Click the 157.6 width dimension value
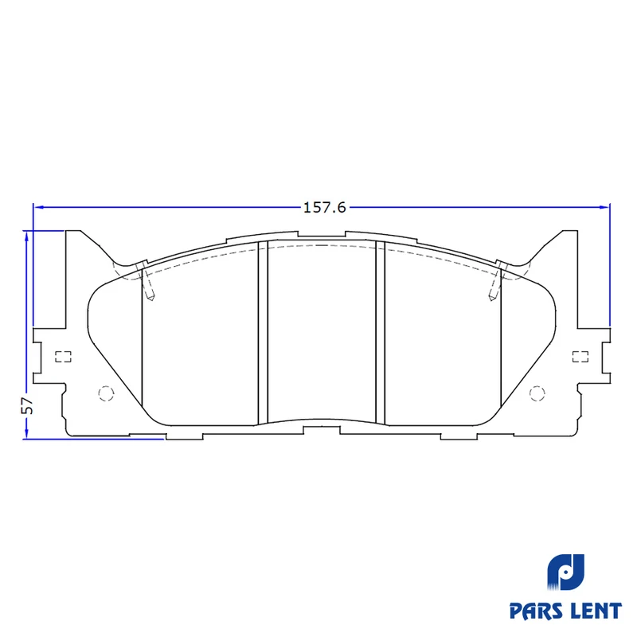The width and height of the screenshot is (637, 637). pos(325,208)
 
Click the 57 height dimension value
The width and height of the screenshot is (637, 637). pos(27,404)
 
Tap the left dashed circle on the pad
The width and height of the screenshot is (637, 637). pos(106,393)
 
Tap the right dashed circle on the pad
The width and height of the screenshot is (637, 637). pos(537,393)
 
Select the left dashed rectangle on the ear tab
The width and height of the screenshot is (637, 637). pos(64,357)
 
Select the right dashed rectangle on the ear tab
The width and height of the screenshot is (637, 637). pos(580,357)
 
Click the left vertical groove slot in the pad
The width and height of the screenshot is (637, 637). pos(264,333)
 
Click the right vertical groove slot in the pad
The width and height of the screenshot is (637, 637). pos(381,333)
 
